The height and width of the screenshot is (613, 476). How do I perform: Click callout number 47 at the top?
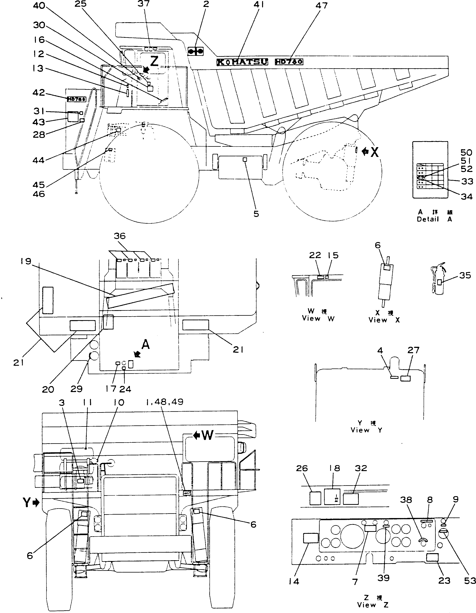click(x=322, y=5)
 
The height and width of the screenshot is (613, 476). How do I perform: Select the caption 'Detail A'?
click(x=434, y=219)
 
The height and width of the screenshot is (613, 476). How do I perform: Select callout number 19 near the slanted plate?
click(x=26, y=262)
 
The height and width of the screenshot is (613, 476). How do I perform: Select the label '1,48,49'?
click(x=165, y=402)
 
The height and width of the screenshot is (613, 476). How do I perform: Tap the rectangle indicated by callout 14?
click(x=311, y=538)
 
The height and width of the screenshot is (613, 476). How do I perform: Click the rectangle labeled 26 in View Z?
click(x=315, y=498)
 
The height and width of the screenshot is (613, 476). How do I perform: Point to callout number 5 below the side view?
click(x=256, y=214)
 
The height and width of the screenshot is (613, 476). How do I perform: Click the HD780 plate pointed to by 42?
click(x=76, y=99)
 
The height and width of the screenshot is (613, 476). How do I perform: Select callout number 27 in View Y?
click(x=413, y=350)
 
